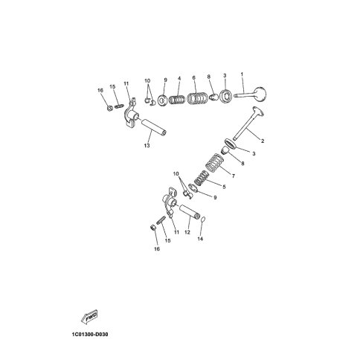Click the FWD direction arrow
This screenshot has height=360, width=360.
coord(89,317)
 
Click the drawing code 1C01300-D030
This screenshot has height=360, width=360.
coord(90,335)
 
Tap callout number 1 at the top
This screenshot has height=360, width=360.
coord(242,74)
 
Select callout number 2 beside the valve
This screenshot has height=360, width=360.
coord(263,141)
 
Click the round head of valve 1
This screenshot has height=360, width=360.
coord(261,94)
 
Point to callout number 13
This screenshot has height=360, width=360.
coord(147,145)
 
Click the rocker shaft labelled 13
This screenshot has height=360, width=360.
coord(152,126)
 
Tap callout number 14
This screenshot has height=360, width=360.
coord(200,239)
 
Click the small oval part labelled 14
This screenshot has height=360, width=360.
coord(203,219)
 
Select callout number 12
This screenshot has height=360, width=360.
coord(187,232)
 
